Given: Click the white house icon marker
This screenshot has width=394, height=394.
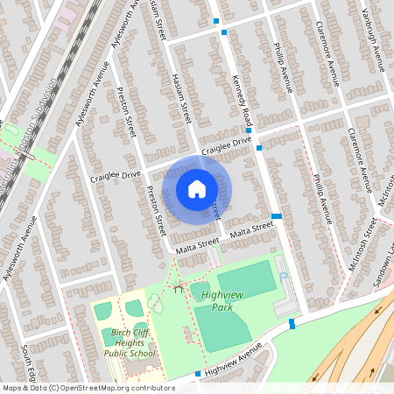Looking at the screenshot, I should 197,188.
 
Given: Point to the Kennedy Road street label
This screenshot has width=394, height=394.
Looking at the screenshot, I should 243,101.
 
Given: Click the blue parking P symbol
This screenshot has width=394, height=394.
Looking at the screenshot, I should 285,278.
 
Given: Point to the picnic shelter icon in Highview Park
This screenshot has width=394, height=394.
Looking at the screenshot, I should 178,288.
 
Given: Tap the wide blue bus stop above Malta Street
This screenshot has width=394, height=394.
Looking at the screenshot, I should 277,215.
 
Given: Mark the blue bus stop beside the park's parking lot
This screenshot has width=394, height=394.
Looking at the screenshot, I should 292,323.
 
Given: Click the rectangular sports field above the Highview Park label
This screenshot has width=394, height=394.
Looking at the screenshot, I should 246,279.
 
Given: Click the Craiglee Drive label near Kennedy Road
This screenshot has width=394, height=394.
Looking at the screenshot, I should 226,145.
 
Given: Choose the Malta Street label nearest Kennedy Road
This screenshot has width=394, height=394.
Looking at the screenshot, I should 251,229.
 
